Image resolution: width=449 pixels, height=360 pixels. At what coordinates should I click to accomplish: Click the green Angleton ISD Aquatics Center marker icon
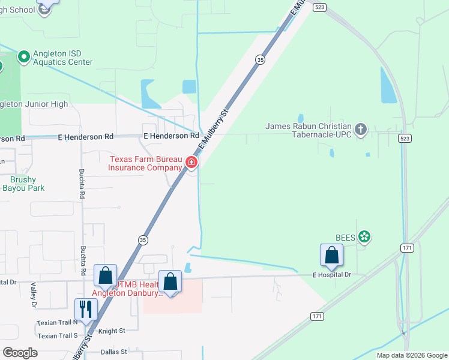coord(24,57)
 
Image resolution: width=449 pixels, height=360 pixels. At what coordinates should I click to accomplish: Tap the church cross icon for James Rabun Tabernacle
coord(360,129)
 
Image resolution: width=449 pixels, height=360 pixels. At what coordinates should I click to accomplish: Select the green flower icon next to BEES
coord(364,237)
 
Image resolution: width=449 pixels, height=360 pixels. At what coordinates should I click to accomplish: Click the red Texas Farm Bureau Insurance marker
coord(191,162)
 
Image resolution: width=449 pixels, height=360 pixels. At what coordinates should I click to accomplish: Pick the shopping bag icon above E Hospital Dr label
coord(331,256)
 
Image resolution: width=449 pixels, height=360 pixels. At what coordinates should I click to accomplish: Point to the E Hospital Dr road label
coord(331,275)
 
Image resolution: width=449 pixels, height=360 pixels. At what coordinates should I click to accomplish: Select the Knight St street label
coord(112,331)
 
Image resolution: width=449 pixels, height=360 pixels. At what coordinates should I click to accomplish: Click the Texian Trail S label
coord(58,336)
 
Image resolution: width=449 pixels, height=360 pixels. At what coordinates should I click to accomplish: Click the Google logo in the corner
coord(20,353)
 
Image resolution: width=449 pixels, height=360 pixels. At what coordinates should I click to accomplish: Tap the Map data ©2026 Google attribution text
coord(412,355)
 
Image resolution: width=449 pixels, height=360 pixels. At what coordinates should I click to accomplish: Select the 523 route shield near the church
coord(405,138)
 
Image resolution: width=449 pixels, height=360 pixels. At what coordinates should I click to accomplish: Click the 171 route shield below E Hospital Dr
coord(318,316)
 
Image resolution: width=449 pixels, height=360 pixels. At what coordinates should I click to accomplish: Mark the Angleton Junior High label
coord(33,104)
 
